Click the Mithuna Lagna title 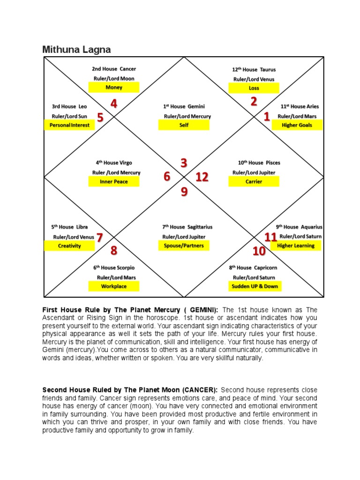pyautogui.click(x=76, y=49)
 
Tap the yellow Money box pyautogui.click(x=114, y=87)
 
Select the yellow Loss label pyautogui.click(x=254, y=88)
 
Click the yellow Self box pyautogui.click(x=184, y=125)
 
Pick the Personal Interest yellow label pyautogui.click(x=69, y=125)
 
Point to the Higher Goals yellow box pyautogui.click(x=297, y=125)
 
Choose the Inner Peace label pyautogui.click(x=114, y=181)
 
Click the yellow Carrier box pyautogui.click(x=254, y=181)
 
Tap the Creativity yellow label pyautogui.click(x=69, y=246)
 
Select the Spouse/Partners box pyautogui.click(x=184, y=246)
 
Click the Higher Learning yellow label pyautogui.click(x=296, y=246)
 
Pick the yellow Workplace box pyautogui.click(x=114, y=286)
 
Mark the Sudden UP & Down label pyautogui.click(x=255, y=286)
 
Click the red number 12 pyautogui.click(x=202, y=177)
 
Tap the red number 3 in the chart pyautogui.click(x=184, y=163)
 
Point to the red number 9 pyautogui.click(x=184, y=192)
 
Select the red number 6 pyautogui.click(x=167, y=177)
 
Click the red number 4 pyautogui.click(x=114, y=104)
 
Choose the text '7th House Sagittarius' pyautogui.click(x=184, y=227)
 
